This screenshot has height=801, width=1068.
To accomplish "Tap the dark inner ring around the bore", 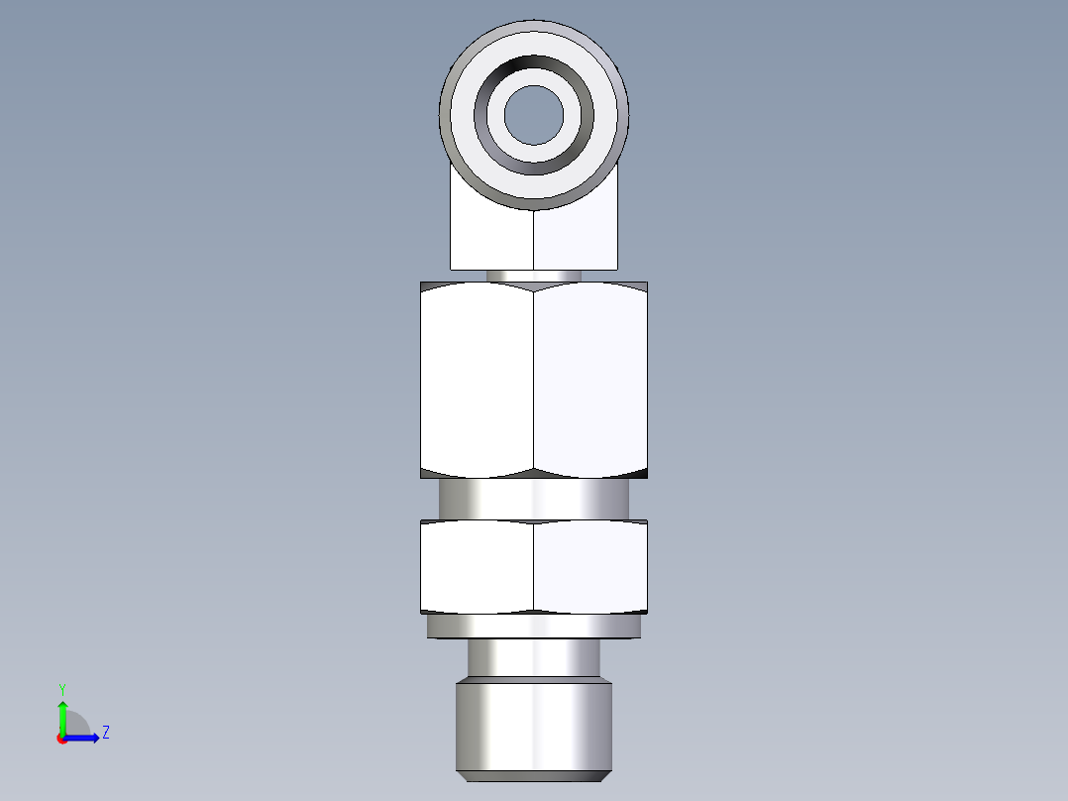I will (534, 70).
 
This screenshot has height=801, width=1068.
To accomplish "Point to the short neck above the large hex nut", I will (534, 276).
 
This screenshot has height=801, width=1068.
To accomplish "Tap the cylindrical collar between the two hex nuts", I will (534, 499).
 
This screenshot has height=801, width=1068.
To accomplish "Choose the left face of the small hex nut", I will (477, 565).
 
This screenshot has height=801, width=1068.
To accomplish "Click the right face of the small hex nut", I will (590, 565).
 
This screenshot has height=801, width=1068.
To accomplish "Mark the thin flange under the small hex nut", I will (534, 627).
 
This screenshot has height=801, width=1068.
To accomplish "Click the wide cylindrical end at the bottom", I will (534, 724).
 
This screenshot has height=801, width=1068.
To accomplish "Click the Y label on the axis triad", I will (61, 688).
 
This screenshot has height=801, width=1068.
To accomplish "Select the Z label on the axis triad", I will (105, 733).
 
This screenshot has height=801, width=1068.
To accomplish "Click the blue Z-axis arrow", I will (84, 738).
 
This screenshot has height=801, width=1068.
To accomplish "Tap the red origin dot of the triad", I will (61, 738).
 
